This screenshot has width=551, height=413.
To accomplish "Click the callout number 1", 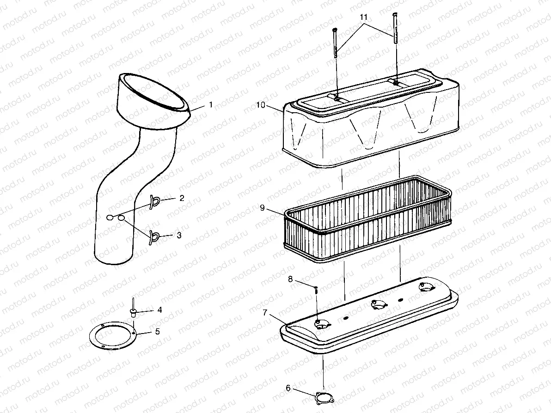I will click(210, 105).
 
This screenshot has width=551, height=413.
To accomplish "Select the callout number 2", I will click(182, 198).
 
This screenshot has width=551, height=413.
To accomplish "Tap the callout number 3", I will click(178, 235).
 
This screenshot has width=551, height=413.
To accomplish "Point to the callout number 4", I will click(159, 310).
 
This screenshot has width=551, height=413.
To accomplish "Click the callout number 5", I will click(157, 331).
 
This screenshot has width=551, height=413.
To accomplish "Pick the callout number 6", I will click(288, 388).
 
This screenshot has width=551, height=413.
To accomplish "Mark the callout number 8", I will click(290, 279).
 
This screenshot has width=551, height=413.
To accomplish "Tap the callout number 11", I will click(364, 17).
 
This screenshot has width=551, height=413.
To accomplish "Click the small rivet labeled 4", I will click(133, 312).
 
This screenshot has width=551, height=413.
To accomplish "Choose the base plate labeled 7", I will click(370, 323).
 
